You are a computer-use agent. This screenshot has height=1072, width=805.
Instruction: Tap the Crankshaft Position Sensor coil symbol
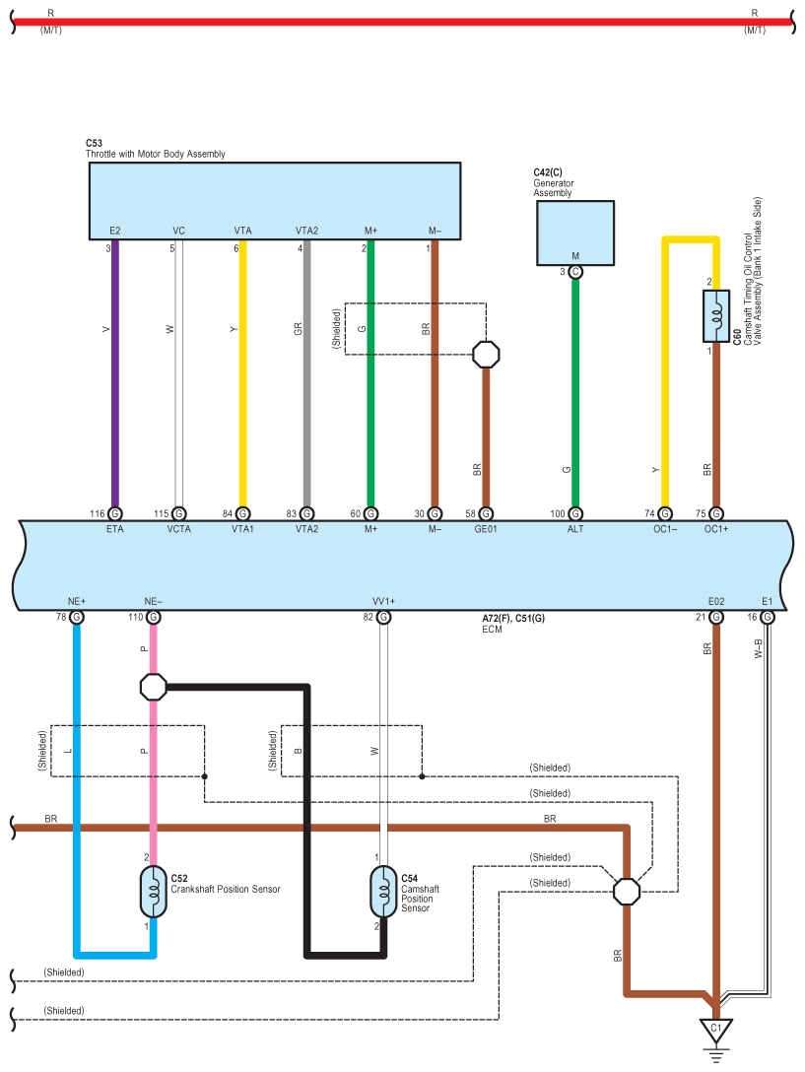[153, 892]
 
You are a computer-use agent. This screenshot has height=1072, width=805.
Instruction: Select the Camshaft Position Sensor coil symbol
[383, 892]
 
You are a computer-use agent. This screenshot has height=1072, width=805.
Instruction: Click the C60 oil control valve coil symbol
[716, 316]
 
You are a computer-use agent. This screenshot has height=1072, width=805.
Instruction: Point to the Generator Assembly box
[575, 233]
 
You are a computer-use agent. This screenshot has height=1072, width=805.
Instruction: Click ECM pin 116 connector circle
[115, 513]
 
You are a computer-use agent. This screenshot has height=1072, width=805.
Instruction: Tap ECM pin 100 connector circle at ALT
[575, 513]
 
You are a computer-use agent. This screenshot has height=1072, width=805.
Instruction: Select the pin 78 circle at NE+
[77, 618]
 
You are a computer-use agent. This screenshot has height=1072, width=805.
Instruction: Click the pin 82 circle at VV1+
[383, 618]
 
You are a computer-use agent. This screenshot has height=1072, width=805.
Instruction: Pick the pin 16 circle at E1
[768, 618]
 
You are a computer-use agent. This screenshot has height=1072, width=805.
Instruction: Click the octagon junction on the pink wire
[153, 687]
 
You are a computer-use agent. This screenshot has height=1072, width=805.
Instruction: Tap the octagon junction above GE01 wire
[487, 354]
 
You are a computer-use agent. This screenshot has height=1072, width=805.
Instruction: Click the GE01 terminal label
[486, 529]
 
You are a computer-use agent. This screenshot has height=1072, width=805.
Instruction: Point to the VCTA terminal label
[179, 529]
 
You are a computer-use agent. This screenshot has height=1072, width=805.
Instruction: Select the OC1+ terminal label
[716, 529]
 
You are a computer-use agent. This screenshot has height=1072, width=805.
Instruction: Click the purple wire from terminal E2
[115, 373]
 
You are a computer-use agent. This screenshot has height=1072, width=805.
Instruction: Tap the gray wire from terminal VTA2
[307, 373]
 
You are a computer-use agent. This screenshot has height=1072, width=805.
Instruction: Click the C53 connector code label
[94, 143]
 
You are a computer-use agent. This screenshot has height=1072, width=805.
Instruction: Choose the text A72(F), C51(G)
[513, 618]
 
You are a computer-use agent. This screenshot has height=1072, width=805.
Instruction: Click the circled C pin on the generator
[575, 272]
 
